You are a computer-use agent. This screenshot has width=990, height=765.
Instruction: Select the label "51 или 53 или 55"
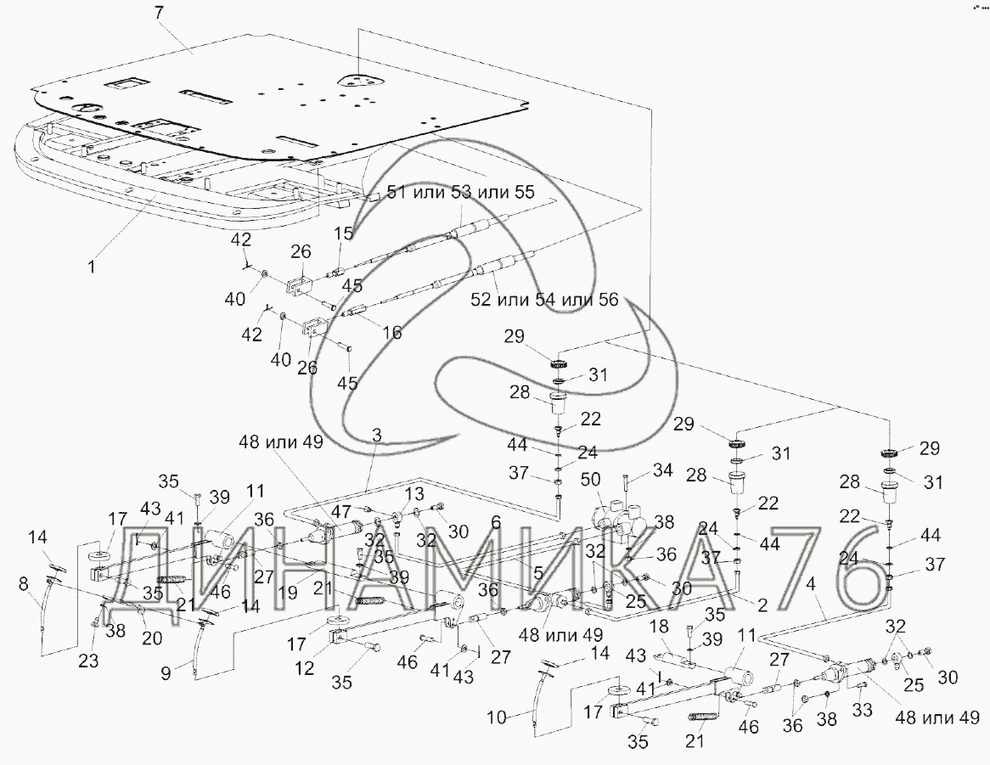pos(461,194)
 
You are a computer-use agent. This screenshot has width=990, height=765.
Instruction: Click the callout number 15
pos(342,233)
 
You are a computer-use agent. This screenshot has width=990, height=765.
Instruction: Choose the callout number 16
pos(391,334)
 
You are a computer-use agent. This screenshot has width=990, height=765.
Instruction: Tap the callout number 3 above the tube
pos(376,435)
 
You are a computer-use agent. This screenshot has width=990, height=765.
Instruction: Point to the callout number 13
pos(411,494)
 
